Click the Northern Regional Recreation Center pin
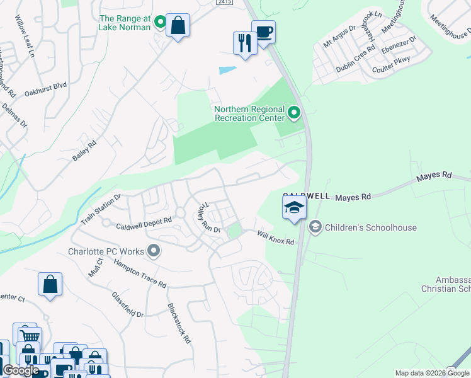(293, 113)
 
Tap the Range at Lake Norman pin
(160, 23)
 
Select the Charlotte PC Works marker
(154, 251)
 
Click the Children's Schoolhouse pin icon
(315, 226)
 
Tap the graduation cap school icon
(294, 207)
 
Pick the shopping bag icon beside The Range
(178, 26)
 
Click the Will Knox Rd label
(276, 238)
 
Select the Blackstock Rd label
(179, 323)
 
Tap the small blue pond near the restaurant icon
(228, 71)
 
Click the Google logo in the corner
(21, 370)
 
